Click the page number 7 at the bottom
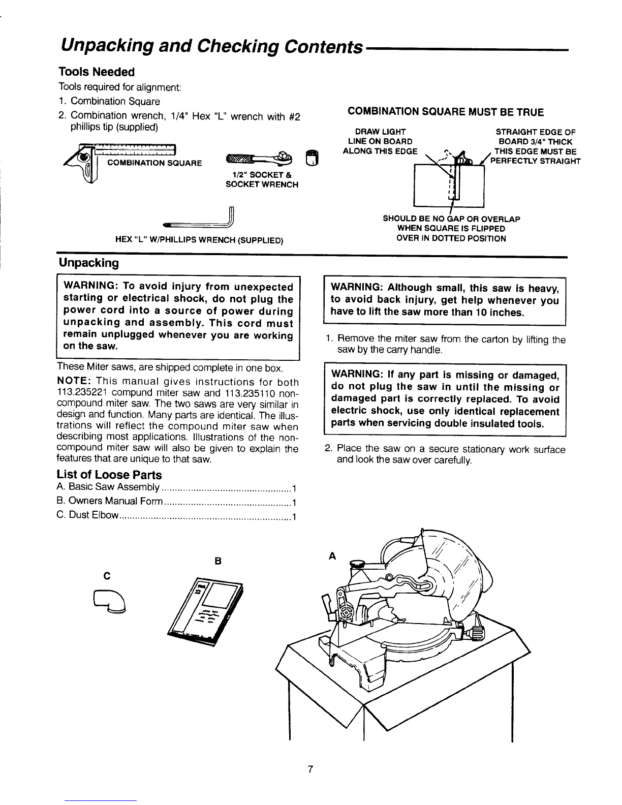coord(310,769)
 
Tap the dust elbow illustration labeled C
coord(110,602)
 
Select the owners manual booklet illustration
coord(205,611)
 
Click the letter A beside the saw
coord(332,555)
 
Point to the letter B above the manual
coord(218,561)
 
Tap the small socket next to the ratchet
coord(312,158)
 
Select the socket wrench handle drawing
coord(259,158)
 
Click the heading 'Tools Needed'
coord(97,72)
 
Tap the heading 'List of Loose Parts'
coord(109,475)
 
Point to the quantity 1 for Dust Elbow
coord(294,516)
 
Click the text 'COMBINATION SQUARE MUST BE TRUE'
coord(446,112)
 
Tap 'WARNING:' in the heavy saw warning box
coord(356,287)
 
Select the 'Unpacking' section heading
coord(89,263)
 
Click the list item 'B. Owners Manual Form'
coord(110,501)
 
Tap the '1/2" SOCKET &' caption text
coord(262,175)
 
